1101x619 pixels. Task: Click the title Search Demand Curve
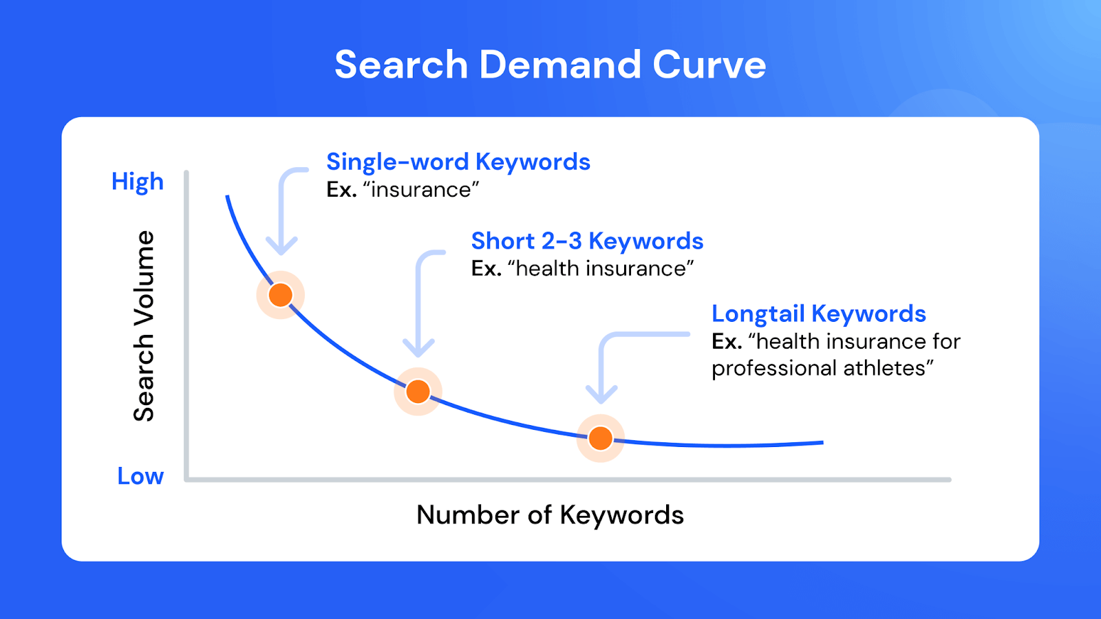click(x=550, y=65)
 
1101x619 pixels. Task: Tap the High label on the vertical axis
click(x=138, y=182)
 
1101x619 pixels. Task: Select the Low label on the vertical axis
click(x=140, y=476)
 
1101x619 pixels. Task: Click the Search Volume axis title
click(x=144, y=325)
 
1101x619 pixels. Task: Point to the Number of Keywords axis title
click(x=550, y=515)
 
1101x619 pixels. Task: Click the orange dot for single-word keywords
click(x=281, y=295)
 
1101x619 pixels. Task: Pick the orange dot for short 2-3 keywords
click(x=418, y=391)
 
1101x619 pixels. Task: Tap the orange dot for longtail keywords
click(x=601, y=438)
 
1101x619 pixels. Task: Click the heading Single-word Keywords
click(x=458, y=162)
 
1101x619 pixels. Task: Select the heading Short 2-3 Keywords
click(x=587, y=241)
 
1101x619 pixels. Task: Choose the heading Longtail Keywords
click(x=819, y=314)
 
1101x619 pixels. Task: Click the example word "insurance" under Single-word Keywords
click(x=420, y=190)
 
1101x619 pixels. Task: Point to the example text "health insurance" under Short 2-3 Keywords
click(x=601, y=269)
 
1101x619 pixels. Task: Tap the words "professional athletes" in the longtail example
click(x=819, y=369)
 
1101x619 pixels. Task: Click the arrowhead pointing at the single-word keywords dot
click(x=281, y=246)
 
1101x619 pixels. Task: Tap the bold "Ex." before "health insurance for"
click(x=727, y=342)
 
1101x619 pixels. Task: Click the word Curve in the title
click(x=709, y=65)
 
